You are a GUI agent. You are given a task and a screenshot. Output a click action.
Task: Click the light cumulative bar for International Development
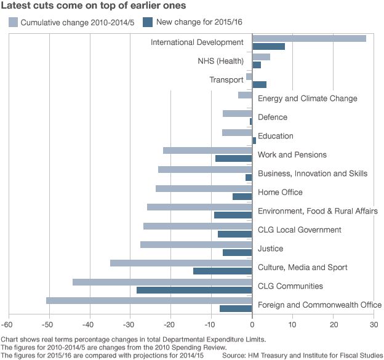(x=309, y=38)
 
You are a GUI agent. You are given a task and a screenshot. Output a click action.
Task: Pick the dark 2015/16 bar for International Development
(x=268, y=46)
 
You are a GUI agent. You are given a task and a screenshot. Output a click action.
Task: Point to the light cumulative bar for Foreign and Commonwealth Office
(x=149, y=300)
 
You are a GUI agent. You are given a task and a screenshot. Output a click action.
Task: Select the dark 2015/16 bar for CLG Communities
(x=194, y=290)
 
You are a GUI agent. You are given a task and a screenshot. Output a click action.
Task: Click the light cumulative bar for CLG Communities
(x=162, y=282)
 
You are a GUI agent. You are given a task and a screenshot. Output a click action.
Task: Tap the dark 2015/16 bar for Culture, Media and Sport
(x=222, y=271)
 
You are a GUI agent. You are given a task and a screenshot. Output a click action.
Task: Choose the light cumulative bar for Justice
(x=196, y=244)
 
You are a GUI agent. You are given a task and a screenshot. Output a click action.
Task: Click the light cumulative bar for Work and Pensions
(x=207, y=151)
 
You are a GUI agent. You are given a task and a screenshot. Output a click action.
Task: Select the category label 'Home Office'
(x=280, y=192)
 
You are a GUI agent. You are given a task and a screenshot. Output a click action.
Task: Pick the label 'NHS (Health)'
(x=220, y=61)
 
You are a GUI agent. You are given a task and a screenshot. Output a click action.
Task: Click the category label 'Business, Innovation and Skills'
(x=313, y=174)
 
